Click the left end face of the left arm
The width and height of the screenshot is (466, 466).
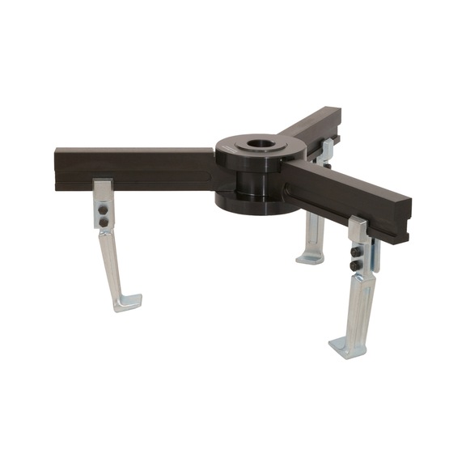[x=57, y=168]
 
